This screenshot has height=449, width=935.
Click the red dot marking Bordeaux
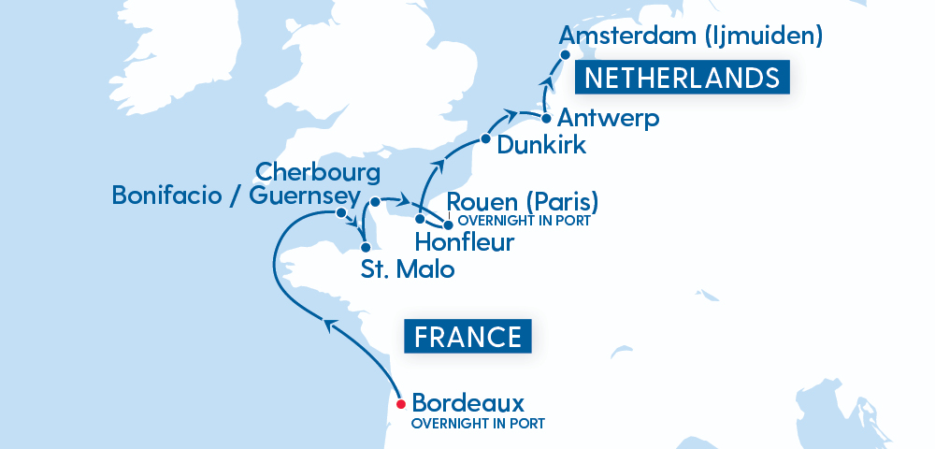[400, 404]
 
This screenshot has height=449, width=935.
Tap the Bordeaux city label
[467, 403]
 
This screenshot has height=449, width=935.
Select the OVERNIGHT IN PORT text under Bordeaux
[478, 424]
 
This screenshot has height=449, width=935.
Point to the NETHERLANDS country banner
[683, 78]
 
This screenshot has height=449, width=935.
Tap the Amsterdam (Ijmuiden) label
[690, 36]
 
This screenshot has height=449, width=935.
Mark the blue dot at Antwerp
[546, 119]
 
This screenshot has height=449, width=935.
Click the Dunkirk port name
[541, 145]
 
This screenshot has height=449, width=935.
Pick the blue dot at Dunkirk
[485, 139]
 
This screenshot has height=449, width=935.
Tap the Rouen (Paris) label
[523, 201]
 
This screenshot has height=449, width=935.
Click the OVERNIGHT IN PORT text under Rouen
[525, 222]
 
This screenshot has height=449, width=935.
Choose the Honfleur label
[464, 243]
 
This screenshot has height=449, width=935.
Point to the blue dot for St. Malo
[365, 248]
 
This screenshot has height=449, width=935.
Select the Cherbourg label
[318, 172]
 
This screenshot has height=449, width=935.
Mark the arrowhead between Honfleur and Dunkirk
[438, 168]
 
